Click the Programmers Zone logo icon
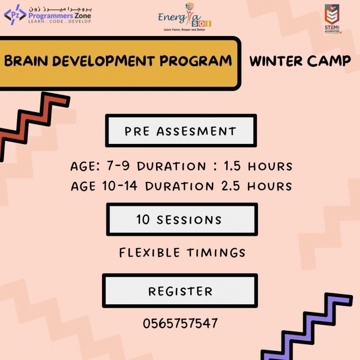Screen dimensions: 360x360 click(14, 15)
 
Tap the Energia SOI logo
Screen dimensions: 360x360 click(184, 17)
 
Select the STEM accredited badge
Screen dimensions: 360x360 click(332, 20)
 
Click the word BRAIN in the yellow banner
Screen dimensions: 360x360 click(25, 61)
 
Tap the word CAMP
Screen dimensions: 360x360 click(330, 61)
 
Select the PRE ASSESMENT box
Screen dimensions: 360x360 click(180, 131)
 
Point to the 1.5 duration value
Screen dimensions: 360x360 click(233, 166)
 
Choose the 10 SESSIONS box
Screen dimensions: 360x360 click(180, 219)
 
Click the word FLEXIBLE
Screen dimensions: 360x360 click(149, 253)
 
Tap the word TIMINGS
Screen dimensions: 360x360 click(216, 253)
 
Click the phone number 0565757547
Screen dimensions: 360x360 click(180, 324)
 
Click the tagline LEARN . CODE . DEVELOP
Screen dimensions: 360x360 click(59, 21)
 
